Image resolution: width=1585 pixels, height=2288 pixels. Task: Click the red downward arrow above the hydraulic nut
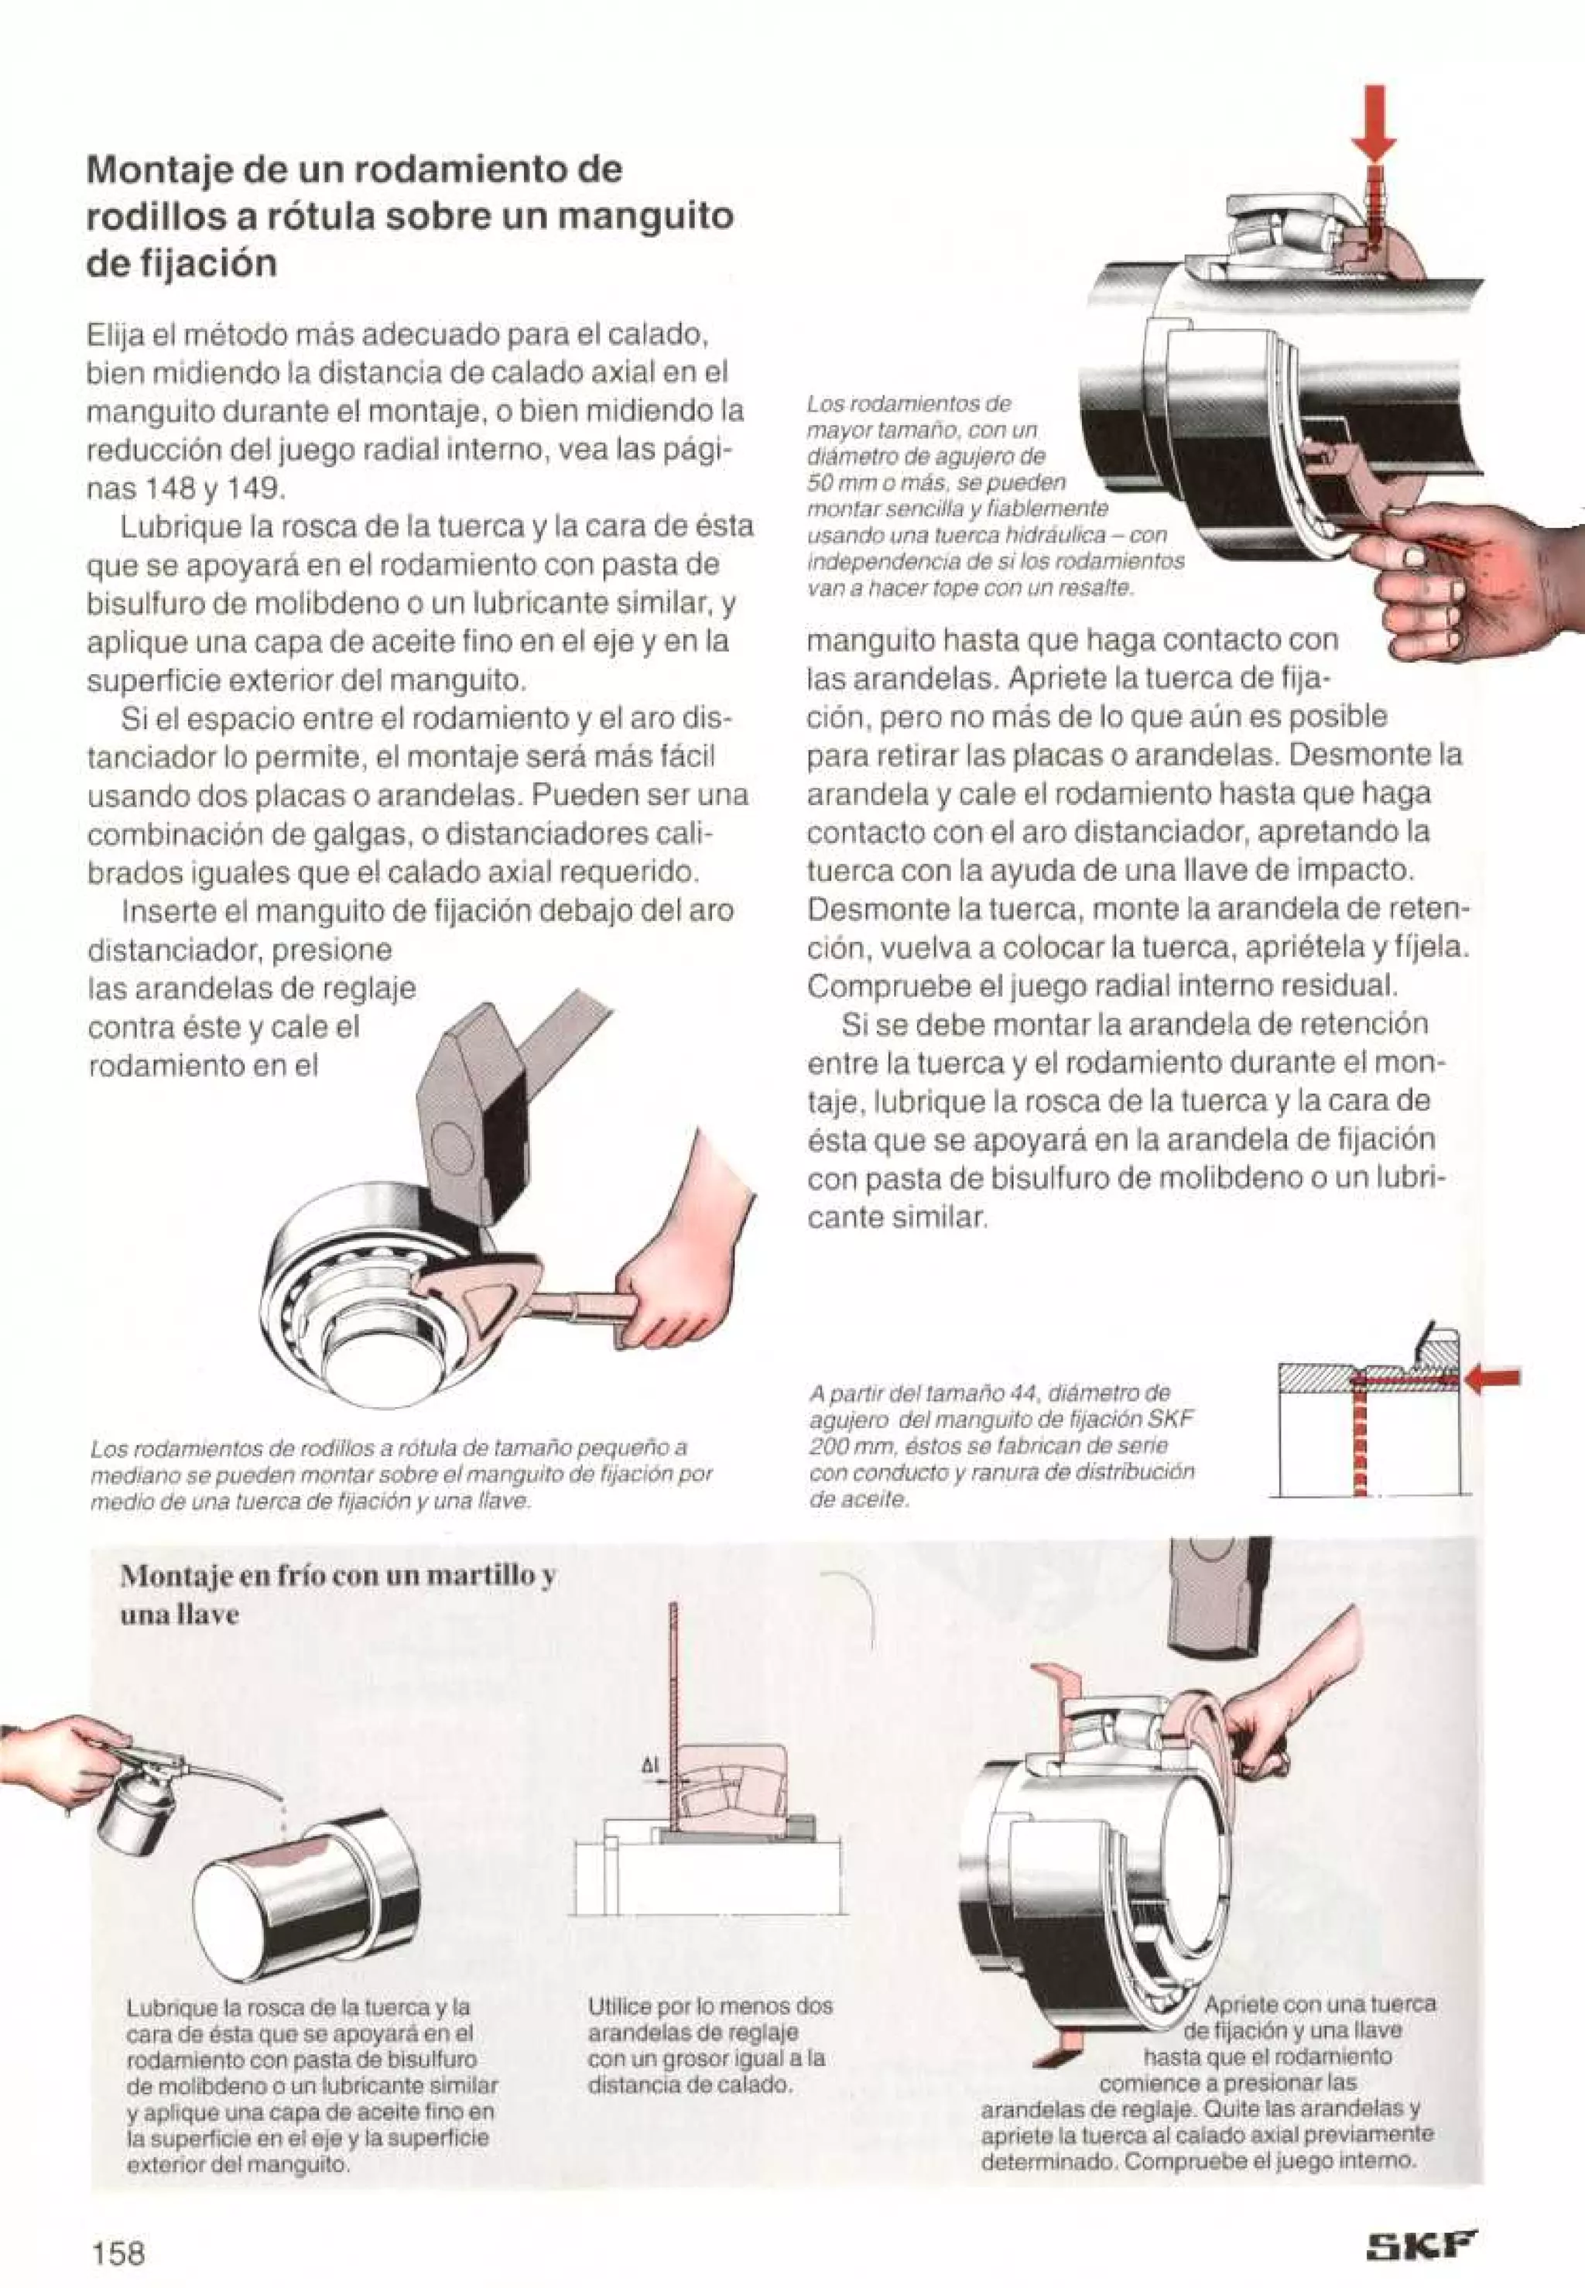(1374, 124)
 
